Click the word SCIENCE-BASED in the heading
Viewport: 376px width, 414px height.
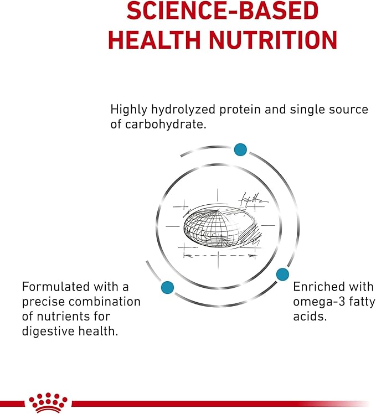coord(222,11)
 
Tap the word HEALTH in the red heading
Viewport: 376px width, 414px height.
coord(154,40)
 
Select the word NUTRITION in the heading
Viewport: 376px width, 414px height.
coord(273,40)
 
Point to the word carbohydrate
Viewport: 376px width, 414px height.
coord(166,125)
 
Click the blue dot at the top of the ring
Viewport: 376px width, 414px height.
coord(240,149)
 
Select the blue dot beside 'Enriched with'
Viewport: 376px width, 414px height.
coord(282,274)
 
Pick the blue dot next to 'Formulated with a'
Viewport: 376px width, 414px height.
coord(167,287)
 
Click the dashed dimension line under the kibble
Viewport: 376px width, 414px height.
coord(220,255)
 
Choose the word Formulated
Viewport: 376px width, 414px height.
coord(56,287)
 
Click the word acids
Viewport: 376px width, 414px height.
coord(310,316)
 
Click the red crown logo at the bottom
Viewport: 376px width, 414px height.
coord(48,402)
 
